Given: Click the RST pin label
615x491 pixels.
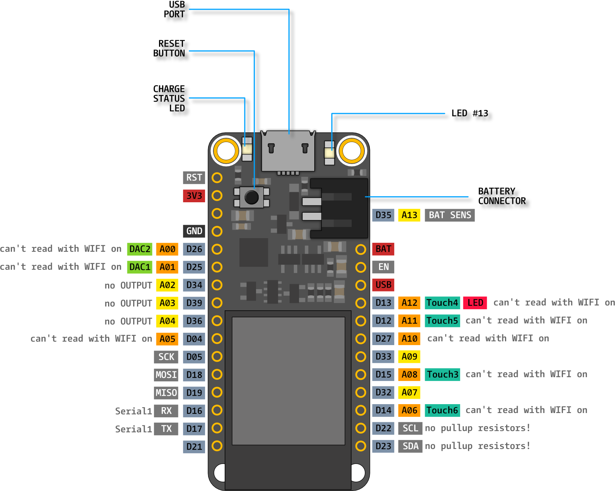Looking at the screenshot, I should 194,178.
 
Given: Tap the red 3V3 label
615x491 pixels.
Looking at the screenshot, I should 194,196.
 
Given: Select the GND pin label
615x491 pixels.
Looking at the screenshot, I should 194,231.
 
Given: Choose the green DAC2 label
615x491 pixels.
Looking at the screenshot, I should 140,249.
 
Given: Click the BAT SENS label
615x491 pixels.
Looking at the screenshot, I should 449,215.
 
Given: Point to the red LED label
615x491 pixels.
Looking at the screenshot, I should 475,303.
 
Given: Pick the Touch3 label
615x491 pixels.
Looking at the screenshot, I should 442,374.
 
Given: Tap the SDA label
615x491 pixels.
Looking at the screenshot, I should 410,446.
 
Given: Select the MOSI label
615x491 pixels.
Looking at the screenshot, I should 166,375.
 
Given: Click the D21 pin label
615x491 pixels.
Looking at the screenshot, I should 194,447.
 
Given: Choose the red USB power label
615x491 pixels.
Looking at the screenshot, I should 383,285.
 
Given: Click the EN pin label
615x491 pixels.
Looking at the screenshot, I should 383,267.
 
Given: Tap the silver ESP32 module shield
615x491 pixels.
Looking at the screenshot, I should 288,381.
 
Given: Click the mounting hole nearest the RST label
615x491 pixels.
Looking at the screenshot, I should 226,151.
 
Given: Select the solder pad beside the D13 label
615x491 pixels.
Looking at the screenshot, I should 361,303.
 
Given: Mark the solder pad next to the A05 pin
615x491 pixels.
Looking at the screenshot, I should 217,339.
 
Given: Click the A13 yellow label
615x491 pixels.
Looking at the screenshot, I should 409,215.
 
